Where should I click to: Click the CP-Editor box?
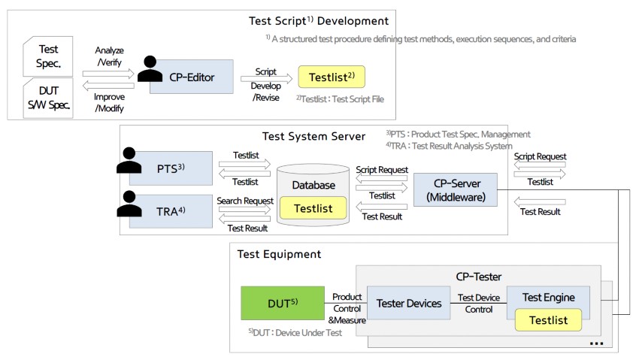[192, 77]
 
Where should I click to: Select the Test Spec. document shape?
[48, 56]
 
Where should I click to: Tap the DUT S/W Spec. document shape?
[48, 98]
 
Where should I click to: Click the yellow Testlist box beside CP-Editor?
[332, 77]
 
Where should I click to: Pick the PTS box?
[171, 168]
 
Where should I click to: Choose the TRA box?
[171, 211]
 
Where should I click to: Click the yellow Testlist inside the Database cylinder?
[313, 208]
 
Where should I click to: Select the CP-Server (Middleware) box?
[456, 190]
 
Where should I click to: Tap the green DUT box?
[283, 303]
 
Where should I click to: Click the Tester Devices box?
[409, 303]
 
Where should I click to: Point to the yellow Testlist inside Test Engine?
[549, 320]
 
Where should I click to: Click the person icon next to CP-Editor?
[150, 69]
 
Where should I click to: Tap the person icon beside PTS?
[129, 160]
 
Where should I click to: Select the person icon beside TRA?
[129, 204]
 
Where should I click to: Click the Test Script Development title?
[319, 21]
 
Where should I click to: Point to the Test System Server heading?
[313, 136]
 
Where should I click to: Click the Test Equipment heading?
[279, 254]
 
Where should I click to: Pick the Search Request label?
[245, 201]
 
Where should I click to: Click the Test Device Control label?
[479, 304]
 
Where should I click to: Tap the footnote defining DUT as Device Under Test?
[295, 333]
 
